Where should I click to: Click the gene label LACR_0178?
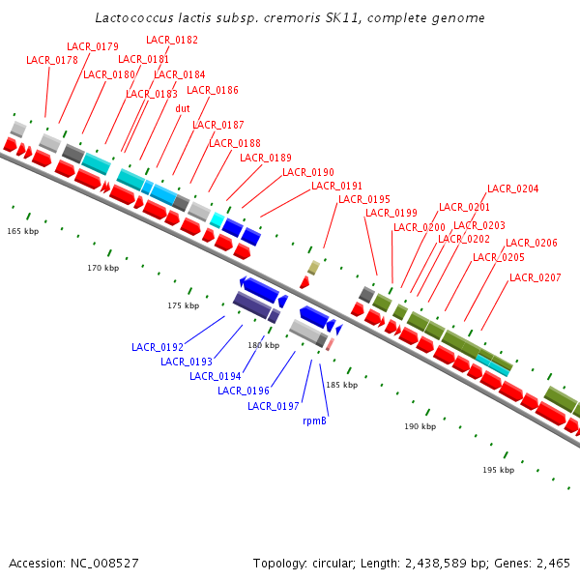[52, 60]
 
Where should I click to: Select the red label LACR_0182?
[172, 40]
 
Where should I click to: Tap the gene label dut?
[183, 108]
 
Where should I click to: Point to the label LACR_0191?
[337, 186]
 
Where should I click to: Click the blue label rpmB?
[315, 420]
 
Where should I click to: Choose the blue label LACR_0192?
[158, 346]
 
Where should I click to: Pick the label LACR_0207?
[536, 277]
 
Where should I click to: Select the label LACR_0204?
[513, 188]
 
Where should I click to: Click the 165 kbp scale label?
[23, 232]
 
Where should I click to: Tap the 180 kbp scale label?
[264, 345]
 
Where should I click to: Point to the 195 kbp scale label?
[499, 470]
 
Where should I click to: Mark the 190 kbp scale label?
[420, 426]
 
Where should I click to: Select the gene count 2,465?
[552, 563]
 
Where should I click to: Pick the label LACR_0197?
[274, 406]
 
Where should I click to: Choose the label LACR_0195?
[364, 199]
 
